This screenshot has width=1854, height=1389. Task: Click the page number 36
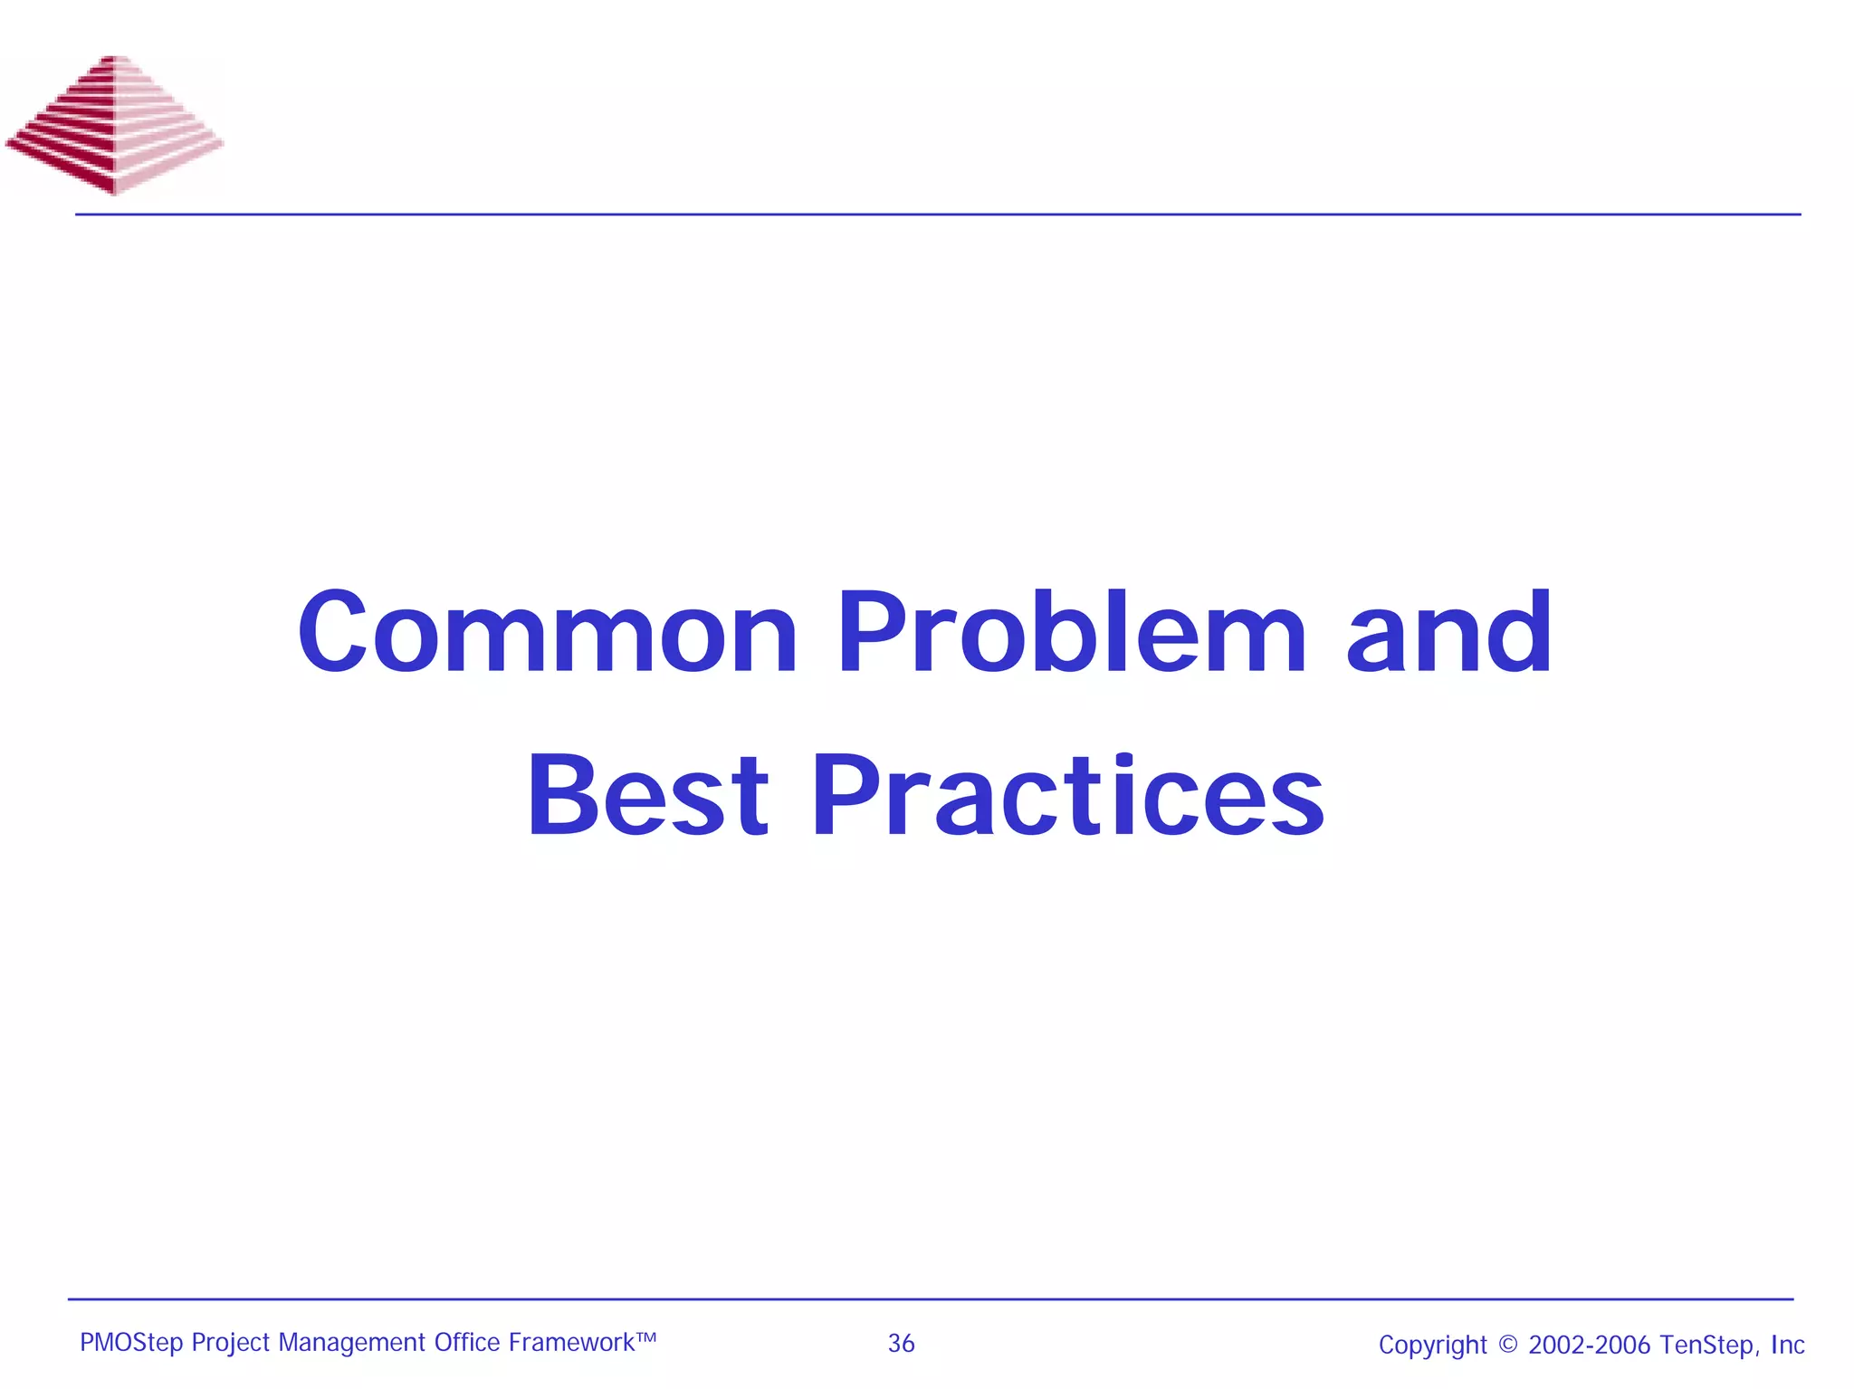[x=901, y=1344]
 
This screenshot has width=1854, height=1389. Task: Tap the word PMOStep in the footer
[x=131, y=1343]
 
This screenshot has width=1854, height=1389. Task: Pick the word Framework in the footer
[x=571, y=1342]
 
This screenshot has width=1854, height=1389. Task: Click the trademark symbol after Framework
[x=645, y=1336]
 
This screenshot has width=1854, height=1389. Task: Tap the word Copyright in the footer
[x=1432, y=1346]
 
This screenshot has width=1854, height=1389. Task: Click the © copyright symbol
[x=1507, y=1345]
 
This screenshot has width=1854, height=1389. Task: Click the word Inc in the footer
[x=1788, y=1345]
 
